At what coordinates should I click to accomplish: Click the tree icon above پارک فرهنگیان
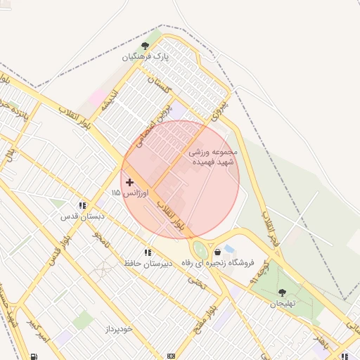[146, 46]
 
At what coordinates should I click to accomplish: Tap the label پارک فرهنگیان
[146, 56]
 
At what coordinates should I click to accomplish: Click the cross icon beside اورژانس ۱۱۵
[129, 182]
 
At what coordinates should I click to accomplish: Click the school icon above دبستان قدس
[82, 206]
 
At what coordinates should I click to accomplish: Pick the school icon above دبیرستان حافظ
[148, 252]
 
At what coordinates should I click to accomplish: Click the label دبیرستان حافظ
[147, 263]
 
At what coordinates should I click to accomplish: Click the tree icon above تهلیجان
[282, 292]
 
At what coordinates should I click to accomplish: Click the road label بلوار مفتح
[221, 310]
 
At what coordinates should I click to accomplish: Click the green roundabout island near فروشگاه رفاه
[200, 249]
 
